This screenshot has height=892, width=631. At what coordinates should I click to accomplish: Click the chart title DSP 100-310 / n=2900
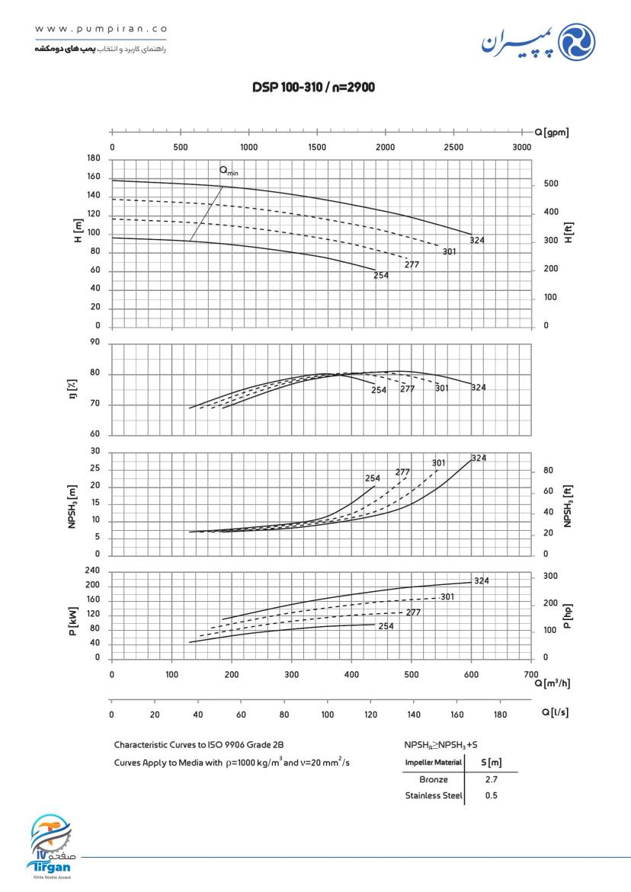(x=313, y=88)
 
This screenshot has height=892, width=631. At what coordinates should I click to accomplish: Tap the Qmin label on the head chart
(x=229, y=171)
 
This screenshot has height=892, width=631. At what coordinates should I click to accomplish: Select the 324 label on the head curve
(x=478, y=241)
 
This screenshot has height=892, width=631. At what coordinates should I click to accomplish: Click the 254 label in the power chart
(x=386, y=626)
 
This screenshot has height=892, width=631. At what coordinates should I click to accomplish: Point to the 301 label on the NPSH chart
(x=438, y=463)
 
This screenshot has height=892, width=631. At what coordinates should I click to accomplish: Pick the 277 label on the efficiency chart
(x=408, y=389)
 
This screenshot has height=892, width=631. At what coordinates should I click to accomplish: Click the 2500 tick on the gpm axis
(x=453, y=146)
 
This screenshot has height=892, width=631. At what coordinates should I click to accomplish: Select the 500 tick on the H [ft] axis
(x=550, y=184)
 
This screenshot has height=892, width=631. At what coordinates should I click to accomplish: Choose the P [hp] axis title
(x=567, y=616)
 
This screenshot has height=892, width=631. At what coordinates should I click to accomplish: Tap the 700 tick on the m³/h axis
(x=531, y=674)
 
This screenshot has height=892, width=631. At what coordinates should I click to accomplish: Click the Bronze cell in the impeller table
(x=433, y=780)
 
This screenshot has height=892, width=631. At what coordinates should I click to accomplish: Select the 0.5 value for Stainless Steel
(x=491, y=796)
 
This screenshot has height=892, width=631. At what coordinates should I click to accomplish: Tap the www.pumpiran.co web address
(x=101, y=30)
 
